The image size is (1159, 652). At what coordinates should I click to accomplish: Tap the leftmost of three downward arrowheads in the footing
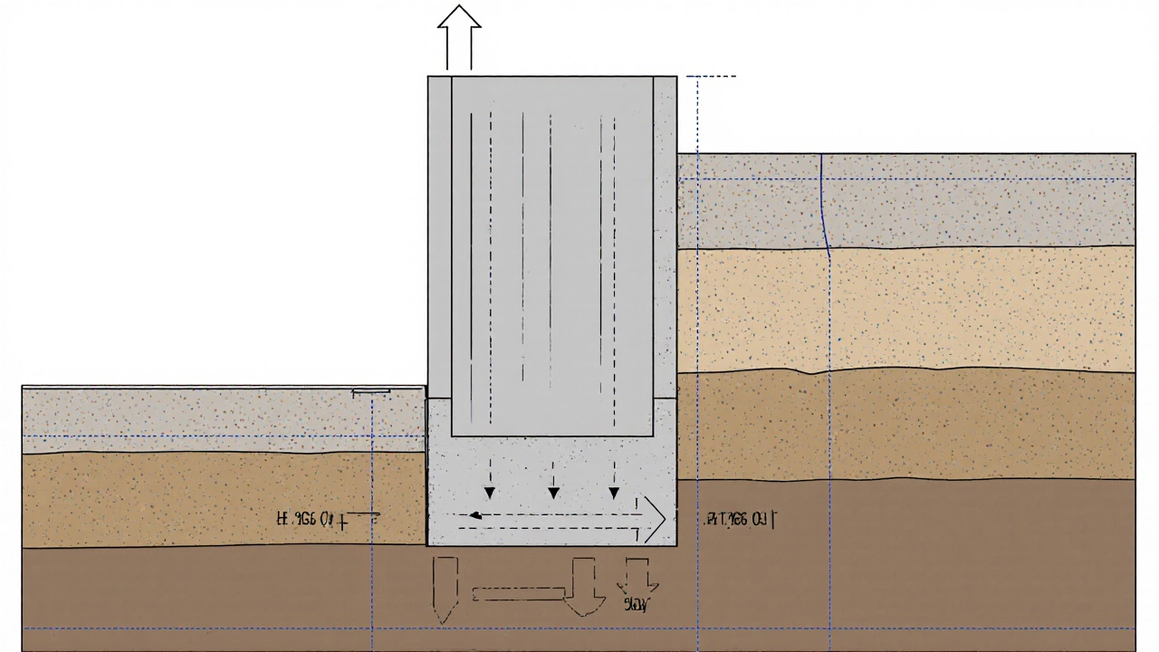(x=490, y=493)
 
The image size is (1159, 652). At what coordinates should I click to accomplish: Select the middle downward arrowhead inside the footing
(x=553, y=493)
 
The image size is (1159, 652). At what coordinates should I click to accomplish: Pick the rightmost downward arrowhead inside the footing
(x=614, y=493)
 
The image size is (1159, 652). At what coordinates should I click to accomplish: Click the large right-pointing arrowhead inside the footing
(x=654, y=519)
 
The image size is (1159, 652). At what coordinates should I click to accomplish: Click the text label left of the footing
(x=312, y=520)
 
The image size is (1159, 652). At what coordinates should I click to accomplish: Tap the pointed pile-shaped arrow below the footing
(x=445, y=589)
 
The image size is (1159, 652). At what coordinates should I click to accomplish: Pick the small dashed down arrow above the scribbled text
(x=638, y=576)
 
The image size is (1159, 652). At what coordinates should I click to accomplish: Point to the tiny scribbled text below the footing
(x=636, y=605)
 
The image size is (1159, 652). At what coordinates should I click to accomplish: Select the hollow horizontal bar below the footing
(x=519, y=594)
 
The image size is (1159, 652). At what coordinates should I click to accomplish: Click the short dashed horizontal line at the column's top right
(x=712, y=77)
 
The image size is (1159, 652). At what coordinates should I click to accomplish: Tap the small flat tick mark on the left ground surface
(x=371, y=392)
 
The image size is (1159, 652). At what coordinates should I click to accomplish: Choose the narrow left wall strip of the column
(x=439, y=235)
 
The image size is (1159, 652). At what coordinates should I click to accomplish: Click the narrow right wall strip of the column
(x=665, y=235)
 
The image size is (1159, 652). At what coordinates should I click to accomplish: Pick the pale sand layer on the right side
(x=905, y=308)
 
